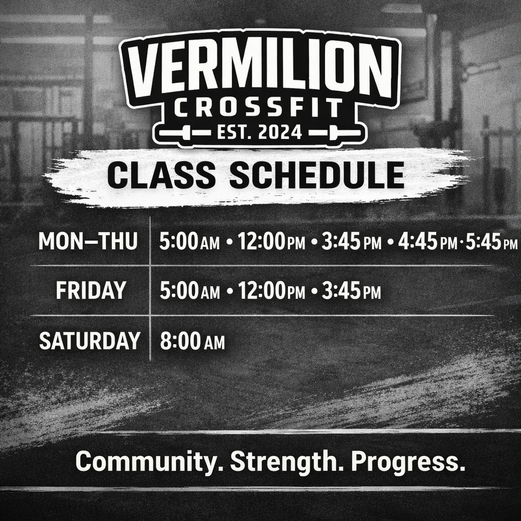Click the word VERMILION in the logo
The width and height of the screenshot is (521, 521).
tap(260, 70)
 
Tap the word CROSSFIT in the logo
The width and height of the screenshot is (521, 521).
tap(258, 108)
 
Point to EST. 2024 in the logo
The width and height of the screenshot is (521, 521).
tap(259, 133)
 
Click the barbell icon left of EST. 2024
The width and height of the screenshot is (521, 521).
tap(185, 133)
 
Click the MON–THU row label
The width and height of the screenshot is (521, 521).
tap(88, 241)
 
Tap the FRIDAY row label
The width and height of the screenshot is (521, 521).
tap(91, 291)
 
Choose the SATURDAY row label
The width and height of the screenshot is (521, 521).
tap(90, 340)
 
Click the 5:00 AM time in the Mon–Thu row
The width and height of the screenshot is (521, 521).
tap(189, 241)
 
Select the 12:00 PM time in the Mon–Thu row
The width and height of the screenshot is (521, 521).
tap(271, 241)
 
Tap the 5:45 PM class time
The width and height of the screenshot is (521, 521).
tap(491, 242)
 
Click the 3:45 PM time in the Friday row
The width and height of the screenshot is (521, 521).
tap(351, 291)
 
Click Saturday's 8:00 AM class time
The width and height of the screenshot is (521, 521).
tap(192, 341)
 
